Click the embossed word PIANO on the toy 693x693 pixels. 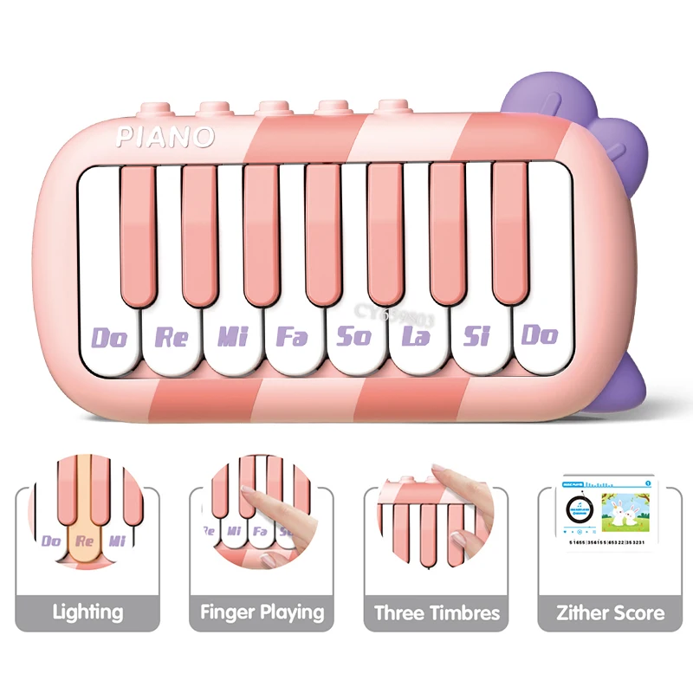click(165, 136)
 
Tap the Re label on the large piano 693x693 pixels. click(172, 336)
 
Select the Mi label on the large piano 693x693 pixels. click(232, 336)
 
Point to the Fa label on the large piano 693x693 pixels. click(292, 336)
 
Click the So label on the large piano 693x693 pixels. click(354, 336)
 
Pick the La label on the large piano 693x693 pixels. click(417, 336)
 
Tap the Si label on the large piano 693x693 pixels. click(476, 336)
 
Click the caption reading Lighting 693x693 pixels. click(87, 612)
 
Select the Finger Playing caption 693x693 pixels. click(262, 612)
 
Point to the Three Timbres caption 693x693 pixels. click(437, 612)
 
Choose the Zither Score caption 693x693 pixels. click(611, 612)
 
